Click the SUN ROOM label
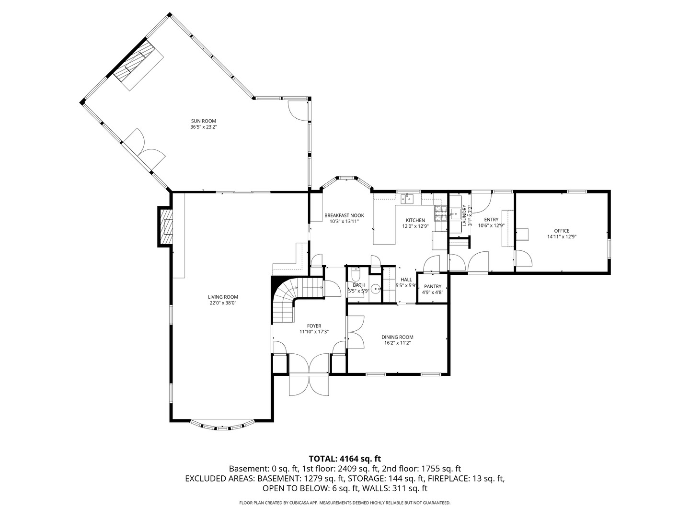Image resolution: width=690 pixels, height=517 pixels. click(203, 121)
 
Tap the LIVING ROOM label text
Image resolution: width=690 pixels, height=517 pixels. click(223, 297)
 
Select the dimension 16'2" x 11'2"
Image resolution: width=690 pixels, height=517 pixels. click(397, 343)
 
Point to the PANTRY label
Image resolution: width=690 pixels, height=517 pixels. click(433, 286)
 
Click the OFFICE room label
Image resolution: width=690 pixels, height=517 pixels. click(562, 231)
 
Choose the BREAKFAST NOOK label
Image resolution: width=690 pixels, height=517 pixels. click(344, 215)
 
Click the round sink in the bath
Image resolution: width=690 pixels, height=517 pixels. click(375, 289)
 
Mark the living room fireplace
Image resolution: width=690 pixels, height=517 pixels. click(165, 226)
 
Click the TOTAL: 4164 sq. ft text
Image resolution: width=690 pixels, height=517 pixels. click(345, 459)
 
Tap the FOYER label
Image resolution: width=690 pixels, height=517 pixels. click(314, 326)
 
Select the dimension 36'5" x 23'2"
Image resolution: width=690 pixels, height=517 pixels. click(203, 127)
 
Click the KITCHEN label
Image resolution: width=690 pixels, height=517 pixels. click(415, 220)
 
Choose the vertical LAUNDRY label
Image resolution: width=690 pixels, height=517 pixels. click(464, 215)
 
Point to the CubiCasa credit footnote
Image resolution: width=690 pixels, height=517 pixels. click(345, 503)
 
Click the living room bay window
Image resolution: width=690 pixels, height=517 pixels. click(223, 425)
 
